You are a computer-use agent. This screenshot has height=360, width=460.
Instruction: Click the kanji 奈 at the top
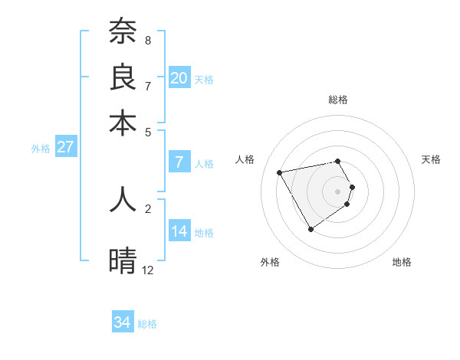[123, 31]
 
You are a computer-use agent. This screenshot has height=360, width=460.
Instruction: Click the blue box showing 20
[179, 77]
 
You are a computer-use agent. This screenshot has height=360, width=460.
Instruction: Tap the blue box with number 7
[179, 162]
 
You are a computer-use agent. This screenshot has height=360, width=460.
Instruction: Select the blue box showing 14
[179, 231]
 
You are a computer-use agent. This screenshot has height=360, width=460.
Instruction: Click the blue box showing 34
[123, 322]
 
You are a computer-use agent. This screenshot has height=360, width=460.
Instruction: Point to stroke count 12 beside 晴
[148, 270]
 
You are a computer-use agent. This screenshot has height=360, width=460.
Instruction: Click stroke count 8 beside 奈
[148, 40]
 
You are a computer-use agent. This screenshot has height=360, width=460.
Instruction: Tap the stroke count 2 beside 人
[148, 208]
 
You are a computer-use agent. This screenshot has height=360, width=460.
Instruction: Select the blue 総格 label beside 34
[147, 324]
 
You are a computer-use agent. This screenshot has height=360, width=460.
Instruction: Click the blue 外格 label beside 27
[41, 149]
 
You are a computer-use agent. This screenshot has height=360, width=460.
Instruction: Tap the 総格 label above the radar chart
[337, 100]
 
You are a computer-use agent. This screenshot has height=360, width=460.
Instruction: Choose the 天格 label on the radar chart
[431, 159]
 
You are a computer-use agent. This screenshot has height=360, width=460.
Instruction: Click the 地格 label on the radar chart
[402, 262]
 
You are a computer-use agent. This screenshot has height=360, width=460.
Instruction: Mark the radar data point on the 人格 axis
[280, 172]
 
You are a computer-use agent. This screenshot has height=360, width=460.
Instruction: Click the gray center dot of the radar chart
[337, 191]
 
